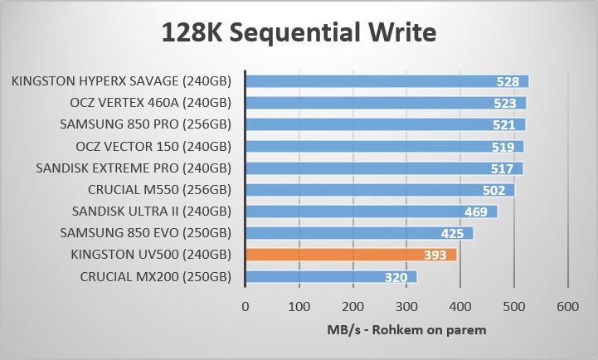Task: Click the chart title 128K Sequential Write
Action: click(299, 34)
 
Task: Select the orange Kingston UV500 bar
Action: click(350, 255)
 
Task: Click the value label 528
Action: click(507, 81)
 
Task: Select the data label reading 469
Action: click(476, 212)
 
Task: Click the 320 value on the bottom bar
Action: click(396, 277)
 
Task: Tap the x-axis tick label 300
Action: click(406, 307)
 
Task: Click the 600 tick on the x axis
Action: click(567, 307)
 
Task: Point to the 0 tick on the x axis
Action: click(245, 307)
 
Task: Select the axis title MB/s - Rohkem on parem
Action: click(406, 329)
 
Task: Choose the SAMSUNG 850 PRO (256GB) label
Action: click(145, 124)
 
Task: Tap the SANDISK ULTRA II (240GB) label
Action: click(151, 211)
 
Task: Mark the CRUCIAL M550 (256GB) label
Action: click(159, 189)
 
